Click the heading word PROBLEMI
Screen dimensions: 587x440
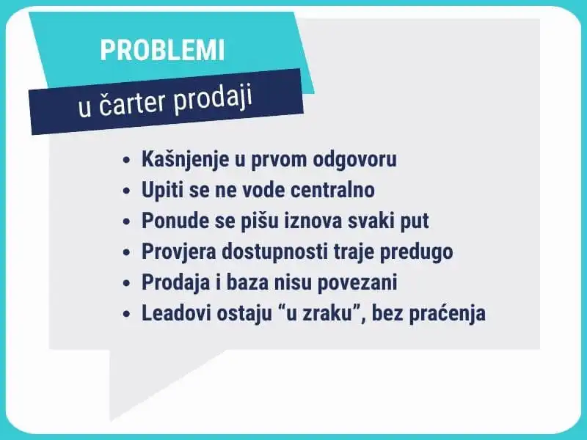[x=162, y=50]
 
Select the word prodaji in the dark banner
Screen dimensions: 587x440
[x=212, y=98]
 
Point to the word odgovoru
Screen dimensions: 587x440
[x=354, y=159]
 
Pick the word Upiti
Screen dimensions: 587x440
[x=162, y=190]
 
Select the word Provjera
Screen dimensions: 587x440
[x=179, y=252]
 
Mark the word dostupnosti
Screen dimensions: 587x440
[x=274, y=252]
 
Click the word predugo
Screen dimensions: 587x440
[x=416, y=252]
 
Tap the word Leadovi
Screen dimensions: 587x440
[x=176, y=313]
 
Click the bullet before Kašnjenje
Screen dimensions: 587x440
[x=126, y=160]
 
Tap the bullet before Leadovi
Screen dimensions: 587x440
[x=126, y=314]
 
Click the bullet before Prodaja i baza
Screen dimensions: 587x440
[x=126, y=283]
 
